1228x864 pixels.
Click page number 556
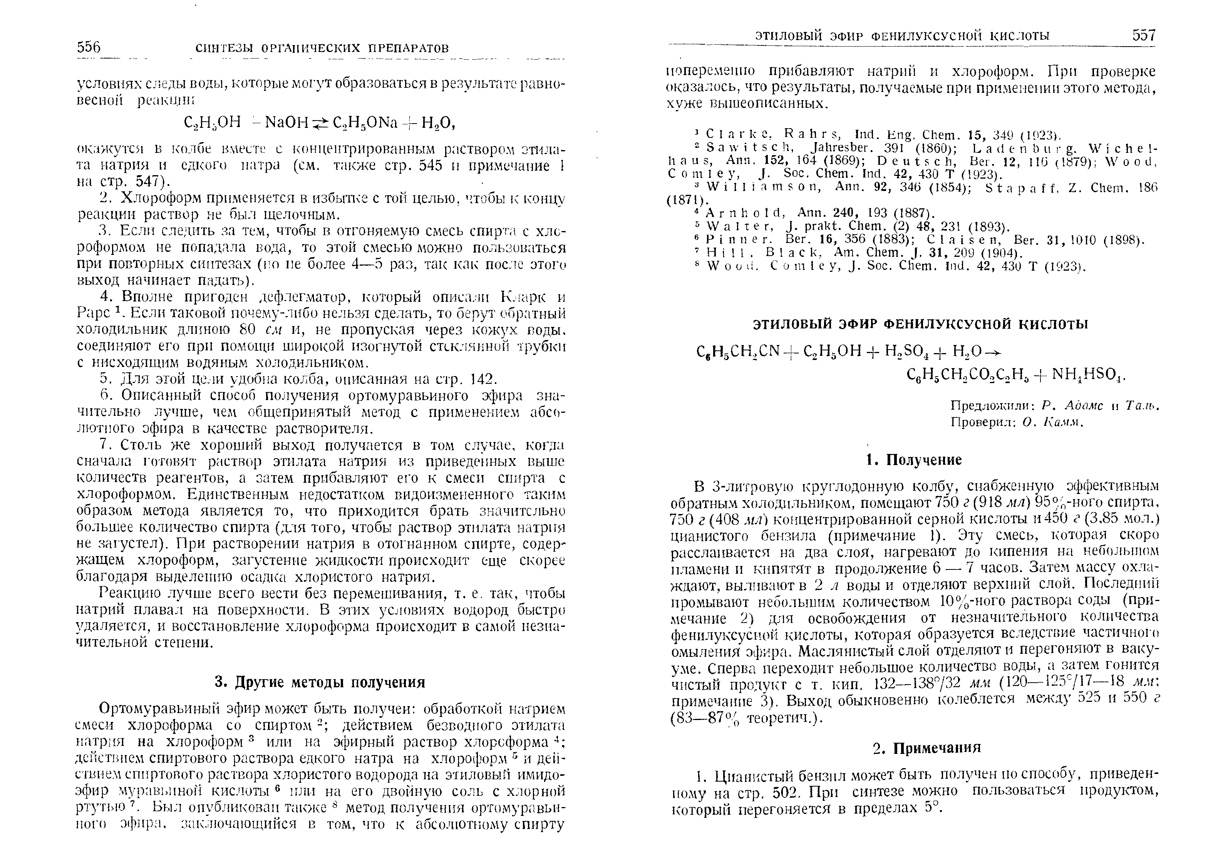click(89, 48)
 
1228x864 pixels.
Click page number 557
click(1144, 35)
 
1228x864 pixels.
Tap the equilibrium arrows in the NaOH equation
click(321, 124)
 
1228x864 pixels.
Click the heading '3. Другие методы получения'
click(320, 682)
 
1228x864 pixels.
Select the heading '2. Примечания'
click(927, 747)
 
